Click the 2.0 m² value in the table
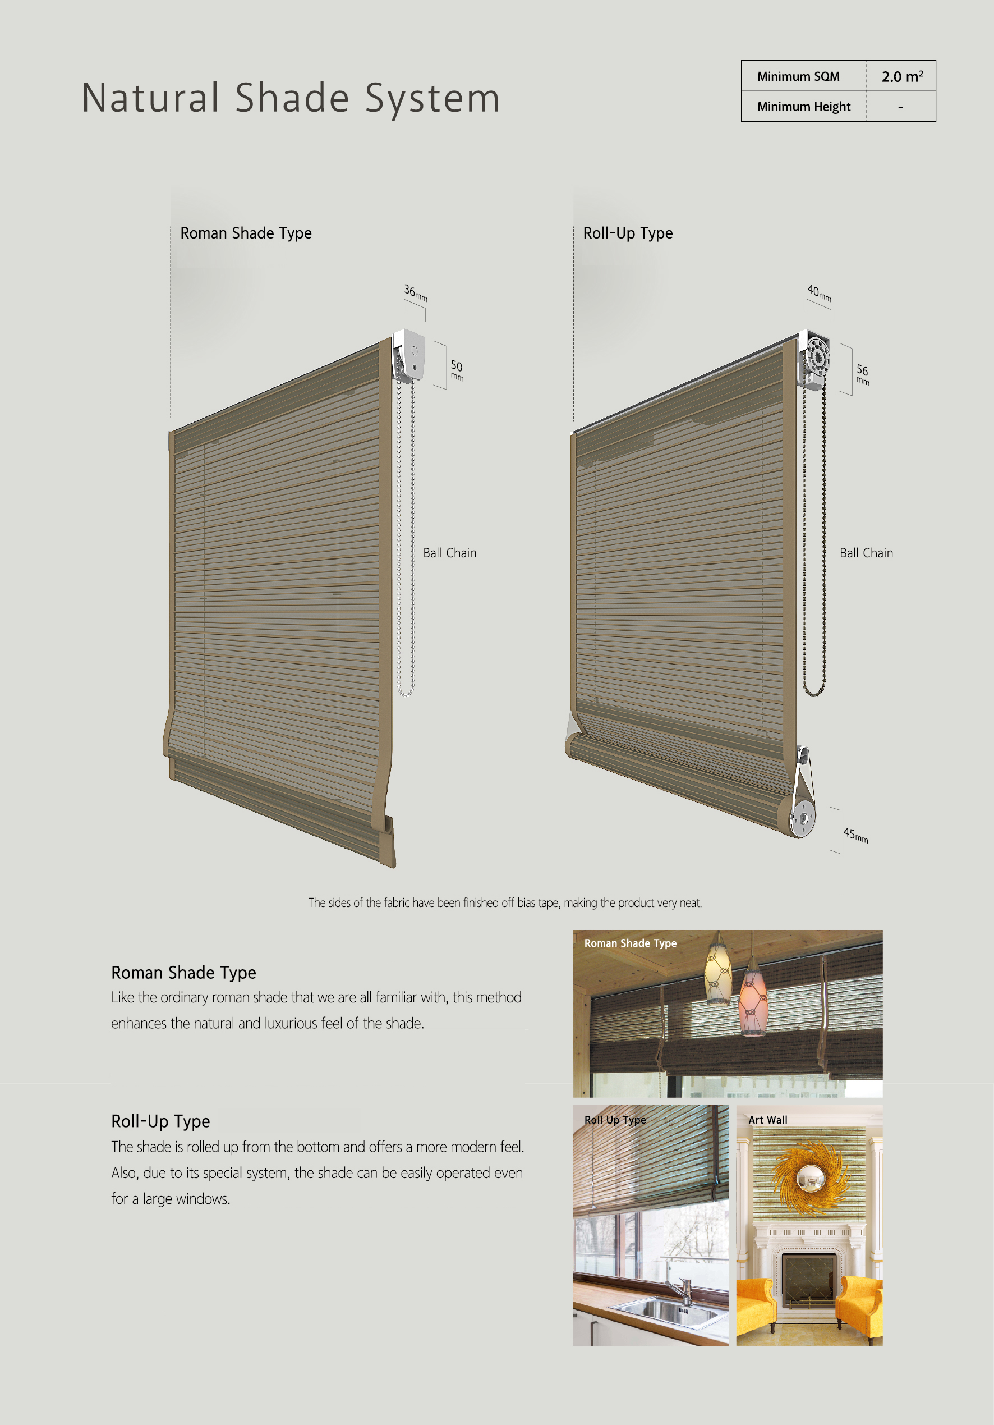tap(901, 76)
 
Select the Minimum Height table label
tap(803, 107)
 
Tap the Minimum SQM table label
tap(798, 76)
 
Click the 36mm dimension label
tap(416, 292)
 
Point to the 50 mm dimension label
tap(457, 370)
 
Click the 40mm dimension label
tap(819, 293)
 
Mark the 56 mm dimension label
tap(863, 374)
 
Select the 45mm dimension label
tap(855, 835)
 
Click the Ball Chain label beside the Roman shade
tap(449, 553)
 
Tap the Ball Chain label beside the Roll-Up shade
tap(866, 553)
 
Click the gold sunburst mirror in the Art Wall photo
tap(809, 1176)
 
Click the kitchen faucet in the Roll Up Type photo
tap(685, 1290)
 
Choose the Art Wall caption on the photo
tap(767, 1120)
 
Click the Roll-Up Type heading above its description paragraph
tap(160, 1121)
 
